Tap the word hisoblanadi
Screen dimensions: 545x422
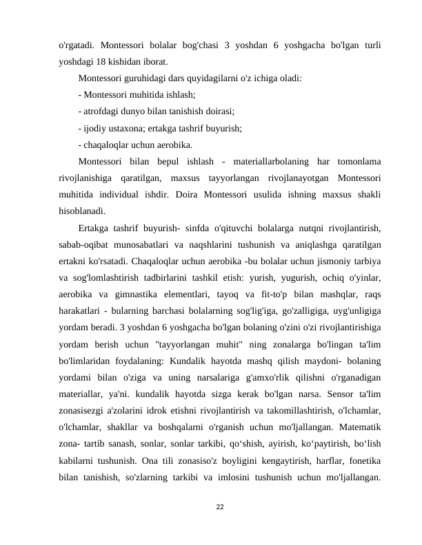pos(83,211)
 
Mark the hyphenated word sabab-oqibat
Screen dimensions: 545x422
pos(87,244)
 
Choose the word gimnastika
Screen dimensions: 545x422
pos(131,294)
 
